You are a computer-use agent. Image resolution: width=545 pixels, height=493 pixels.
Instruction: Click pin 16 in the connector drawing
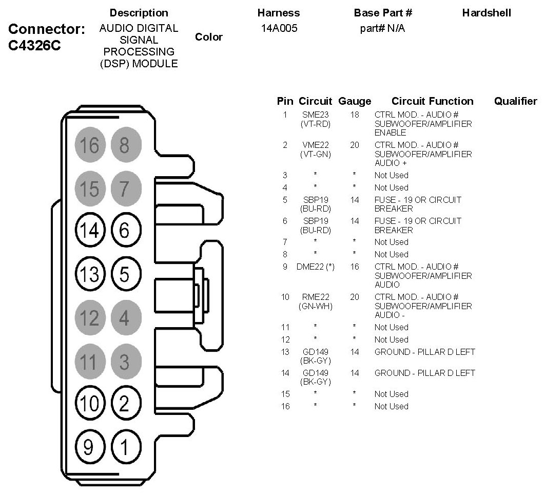click(90, 145)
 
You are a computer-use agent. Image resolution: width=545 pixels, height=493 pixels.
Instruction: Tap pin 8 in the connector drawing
click(126, 145)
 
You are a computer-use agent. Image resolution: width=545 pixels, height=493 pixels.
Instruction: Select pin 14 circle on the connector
click(90, 230)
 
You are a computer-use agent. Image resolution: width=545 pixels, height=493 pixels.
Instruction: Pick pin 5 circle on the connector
click(126, 274)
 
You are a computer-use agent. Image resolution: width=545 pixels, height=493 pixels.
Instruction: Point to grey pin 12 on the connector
click(90, 317)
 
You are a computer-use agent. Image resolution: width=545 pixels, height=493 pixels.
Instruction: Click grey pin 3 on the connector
click(126, 361)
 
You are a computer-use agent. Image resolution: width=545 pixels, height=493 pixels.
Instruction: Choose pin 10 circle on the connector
click(90, 403)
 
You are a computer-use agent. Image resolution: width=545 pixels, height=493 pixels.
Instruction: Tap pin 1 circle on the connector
click(126, 447)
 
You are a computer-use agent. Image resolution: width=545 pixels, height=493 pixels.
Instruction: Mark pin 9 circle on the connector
click(90, 447)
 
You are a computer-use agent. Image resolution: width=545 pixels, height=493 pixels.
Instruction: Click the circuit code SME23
click(315, 115)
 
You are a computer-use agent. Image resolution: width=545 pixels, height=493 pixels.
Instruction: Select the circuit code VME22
click(315, 145)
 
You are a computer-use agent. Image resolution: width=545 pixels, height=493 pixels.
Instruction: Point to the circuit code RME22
click(315, 297)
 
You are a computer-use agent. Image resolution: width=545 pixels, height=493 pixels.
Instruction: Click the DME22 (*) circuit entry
click(315, 267)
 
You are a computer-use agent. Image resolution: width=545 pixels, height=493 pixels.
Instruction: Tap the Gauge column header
click(355, 101)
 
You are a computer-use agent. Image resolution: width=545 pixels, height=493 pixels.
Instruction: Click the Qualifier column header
click(515, 101)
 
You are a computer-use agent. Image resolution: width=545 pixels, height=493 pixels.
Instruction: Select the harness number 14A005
click(279, 28)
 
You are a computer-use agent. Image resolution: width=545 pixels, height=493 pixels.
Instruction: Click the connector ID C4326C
click(34, 45)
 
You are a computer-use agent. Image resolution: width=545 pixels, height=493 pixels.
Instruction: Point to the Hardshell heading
click(486, 13)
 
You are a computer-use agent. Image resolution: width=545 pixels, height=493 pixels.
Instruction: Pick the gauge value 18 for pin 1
click(355, 115)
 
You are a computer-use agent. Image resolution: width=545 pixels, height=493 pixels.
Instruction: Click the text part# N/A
click(382, 28)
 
